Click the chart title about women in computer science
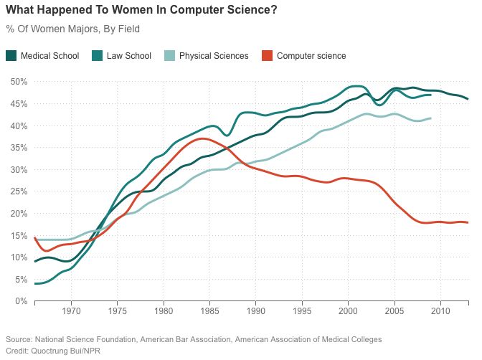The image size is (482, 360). click(141, 11)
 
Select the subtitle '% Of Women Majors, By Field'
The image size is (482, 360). click(72, 29)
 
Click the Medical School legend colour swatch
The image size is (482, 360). click(11, 55)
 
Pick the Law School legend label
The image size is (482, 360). click(129, 55)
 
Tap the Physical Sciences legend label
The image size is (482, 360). click(213, 55)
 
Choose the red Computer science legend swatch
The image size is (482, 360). click(267, 55)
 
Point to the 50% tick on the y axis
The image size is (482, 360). click(19, 82)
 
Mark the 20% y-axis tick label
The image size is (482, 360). click(19, 214)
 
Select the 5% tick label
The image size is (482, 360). click(21, 280)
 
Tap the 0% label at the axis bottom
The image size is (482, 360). click(21, 301)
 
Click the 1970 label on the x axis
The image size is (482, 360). click(71, 312)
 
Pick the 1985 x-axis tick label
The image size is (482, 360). click(209, 312)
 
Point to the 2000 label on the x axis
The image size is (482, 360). click(348, 312)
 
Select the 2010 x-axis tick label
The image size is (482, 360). click(440, 312)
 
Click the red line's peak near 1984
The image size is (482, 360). click(202, 138)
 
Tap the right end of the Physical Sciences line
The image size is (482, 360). click(431, 118)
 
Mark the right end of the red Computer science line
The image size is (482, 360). click(468, 222)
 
